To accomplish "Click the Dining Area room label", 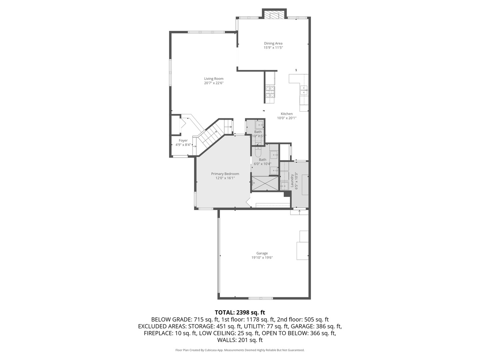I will point(273,43).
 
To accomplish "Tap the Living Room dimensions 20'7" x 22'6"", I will point(214,83).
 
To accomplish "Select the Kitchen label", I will point(286,114).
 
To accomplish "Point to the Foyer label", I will point(183,141).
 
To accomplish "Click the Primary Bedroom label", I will point(225,174).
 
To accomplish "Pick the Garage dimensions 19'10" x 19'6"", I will point(262,258).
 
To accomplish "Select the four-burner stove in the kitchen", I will point(270,91).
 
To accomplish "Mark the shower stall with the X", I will point(265,184).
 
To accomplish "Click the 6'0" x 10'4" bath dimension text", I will point(262,164).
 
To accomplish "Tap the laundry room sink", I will point(284,186).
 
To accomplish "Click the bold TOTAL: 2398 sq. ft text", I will point(240,313).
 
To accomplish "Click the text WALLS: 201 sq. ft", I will point(240,340).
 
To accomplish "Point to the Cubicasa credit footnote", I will point(240,350).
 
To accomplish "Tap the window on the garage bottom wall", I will point(261,298).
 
